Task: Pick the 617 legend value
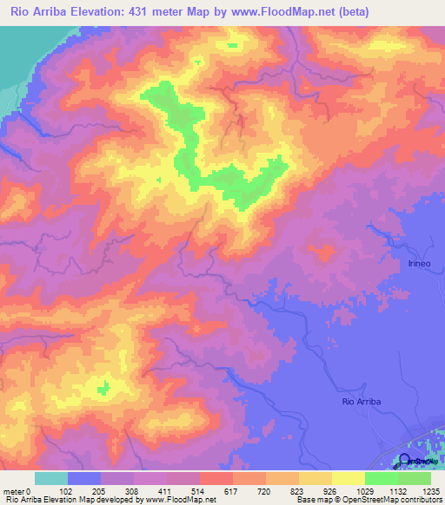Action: (230, 490)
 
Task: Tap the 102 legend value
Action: (64, 490)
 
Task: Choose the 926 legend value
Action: (329, 490)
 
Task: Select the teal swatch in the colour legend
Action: (51, 478)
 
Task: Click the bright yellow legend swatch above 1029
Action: (348, 478)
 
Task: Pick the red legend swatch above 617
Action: (216, 478)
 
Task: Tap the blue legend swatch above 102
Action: (84, 478)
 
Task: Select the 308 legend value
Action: (131, 490)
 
